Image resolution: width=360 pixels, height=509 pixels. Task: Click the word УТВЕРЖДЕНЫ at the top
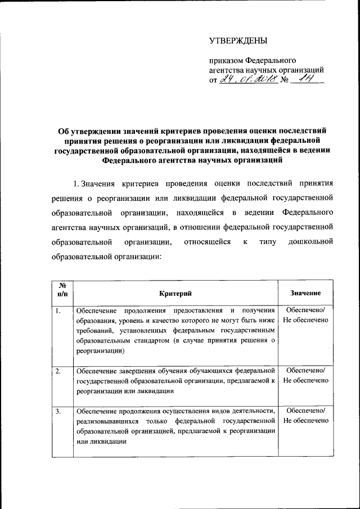click(238, 40)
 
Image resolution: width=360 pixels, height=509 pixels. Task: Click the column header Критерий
click(175, 293)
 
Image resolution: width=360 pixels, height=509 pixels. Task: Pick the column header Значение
click(305, 293)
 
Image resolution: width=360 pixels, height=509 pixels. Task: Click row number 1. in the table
click(59, 310)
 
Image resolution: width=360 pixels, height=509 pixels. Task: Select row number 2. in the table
click(59, 371)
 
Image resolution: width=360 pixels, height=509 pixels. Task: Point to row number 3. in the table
click(59, 412)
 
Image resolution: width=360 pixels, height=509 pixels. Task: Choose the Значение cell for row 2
click(305, 376)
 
